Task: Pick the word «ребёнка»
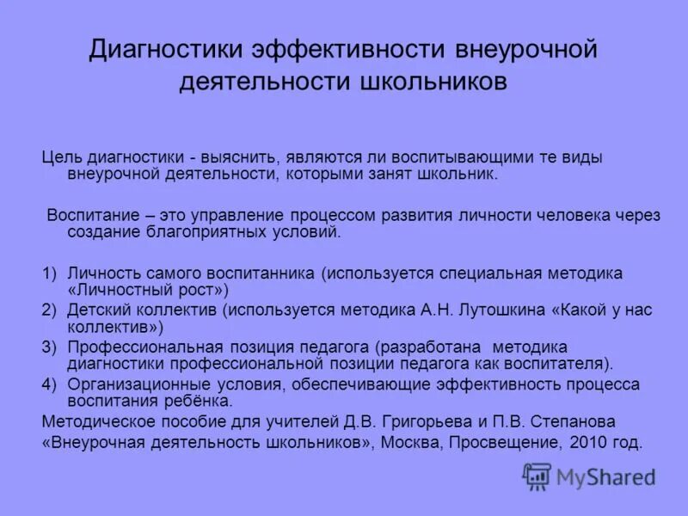203,401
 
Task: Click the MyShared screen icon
537,476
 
